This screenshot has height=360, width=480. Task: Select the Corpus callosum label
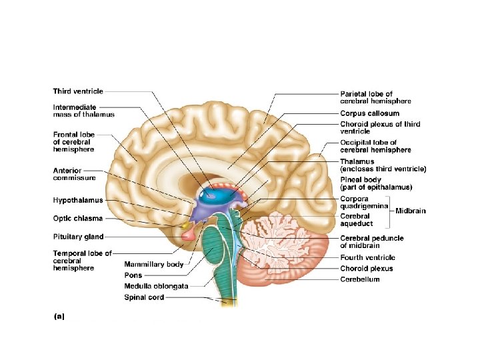click(369, 113)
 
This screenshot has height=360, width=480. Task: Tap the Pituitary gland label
click(78, 236)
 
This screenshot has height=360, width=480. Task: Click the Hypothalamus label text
click(78, 200)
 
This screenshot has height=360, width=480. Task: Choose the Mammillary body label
click(153, 265)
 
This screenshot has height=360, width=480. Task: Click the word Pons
click(133, 275)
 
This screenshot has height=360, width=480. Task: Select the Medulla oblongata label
click(156, 286)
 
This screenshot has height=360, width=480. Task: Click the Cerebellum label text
click(360, 279)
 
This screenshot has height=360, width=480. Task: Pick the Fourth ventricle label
click(367, 257)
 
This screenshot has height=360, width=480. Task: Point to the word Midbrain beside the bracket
click(411, 211)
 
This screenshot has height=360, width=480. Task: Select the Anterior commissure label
click(74, 175)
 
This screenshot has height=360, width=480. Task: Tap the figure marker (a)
click(59, 317)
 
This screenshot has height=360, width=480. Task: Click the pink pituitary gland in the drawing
click(189, 233)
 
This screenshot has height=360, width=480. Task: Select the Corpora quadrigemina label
click(364, 203)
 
